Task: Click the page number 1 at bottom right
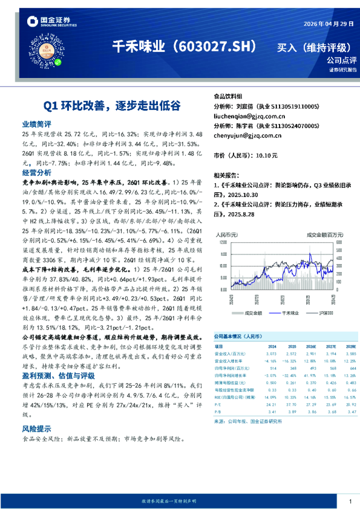point(350,502)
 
